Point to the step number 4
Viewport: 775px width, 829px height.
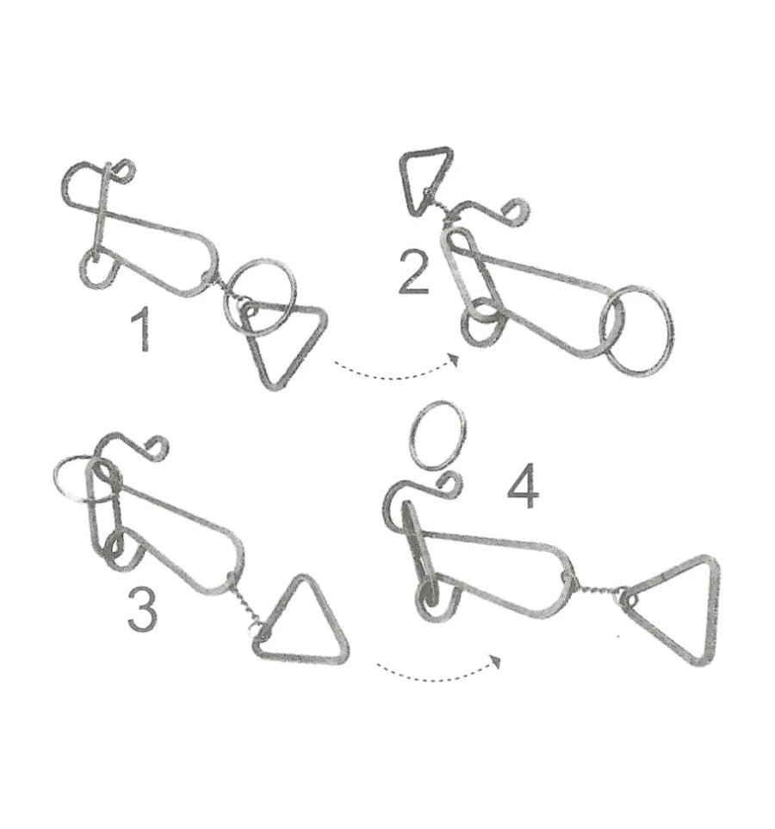pos(523,486)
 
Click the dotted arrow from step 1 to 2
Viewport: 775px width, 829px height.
pos(396,377)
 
